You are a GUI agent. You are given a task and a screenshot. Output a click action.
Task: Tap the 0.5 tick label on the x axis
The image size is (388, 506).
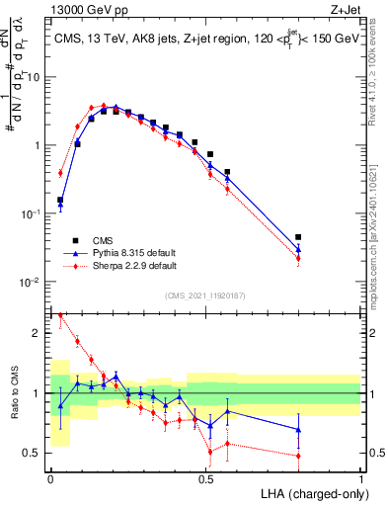point(205,478)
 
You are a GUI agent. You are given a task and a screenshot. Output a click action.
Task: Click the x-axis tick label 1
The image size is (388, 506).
point(360,478)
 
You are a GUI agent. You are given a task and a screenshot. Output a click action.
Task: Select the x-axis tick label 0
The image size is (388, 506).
point(50,478)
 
